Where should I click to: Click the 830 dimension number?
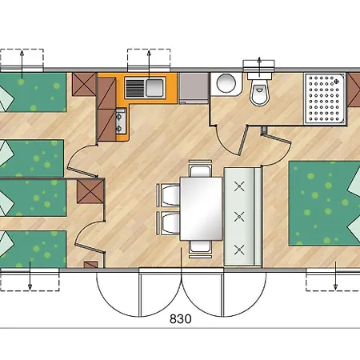181,318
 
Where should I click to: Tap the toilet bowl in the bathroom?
259,92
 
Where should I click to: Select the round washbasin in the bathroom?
226,83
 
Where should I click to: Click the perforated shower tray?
325,98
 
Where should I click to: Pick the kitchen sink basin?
154,88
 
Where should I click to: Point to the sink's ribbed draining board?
134,88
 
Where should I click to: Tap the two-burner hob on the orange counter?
121,122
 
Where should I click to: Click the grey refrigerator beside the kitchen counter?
194,89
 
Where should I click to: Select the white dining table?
202,209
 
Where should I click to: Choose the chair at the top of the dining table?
200,169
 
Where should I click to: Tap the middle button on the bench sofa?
239,217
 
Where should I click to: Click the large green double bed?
325,203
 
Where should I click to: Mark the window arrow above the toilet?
259,64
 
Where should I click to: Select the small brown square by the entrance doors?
91,265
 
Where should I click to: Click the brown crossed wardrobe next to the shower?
354,90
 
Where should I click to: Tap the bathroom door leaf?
243,140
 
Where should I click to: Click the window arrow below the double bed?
335,276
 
